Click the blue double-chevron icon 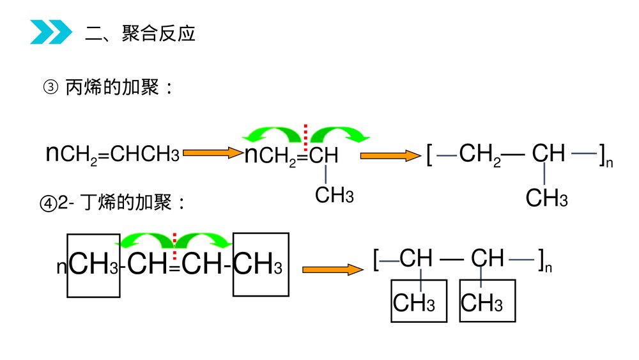[51, 33]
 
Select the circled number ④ [48, 203]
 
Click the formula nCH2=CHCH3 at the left [112, 154]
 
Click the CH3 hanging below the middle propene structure [334, 194]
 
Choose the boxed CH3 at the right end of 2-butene [260, 265]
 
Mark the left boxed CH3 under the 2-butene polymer [414, 302]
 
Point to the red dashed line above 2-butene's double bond [174, 240]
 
